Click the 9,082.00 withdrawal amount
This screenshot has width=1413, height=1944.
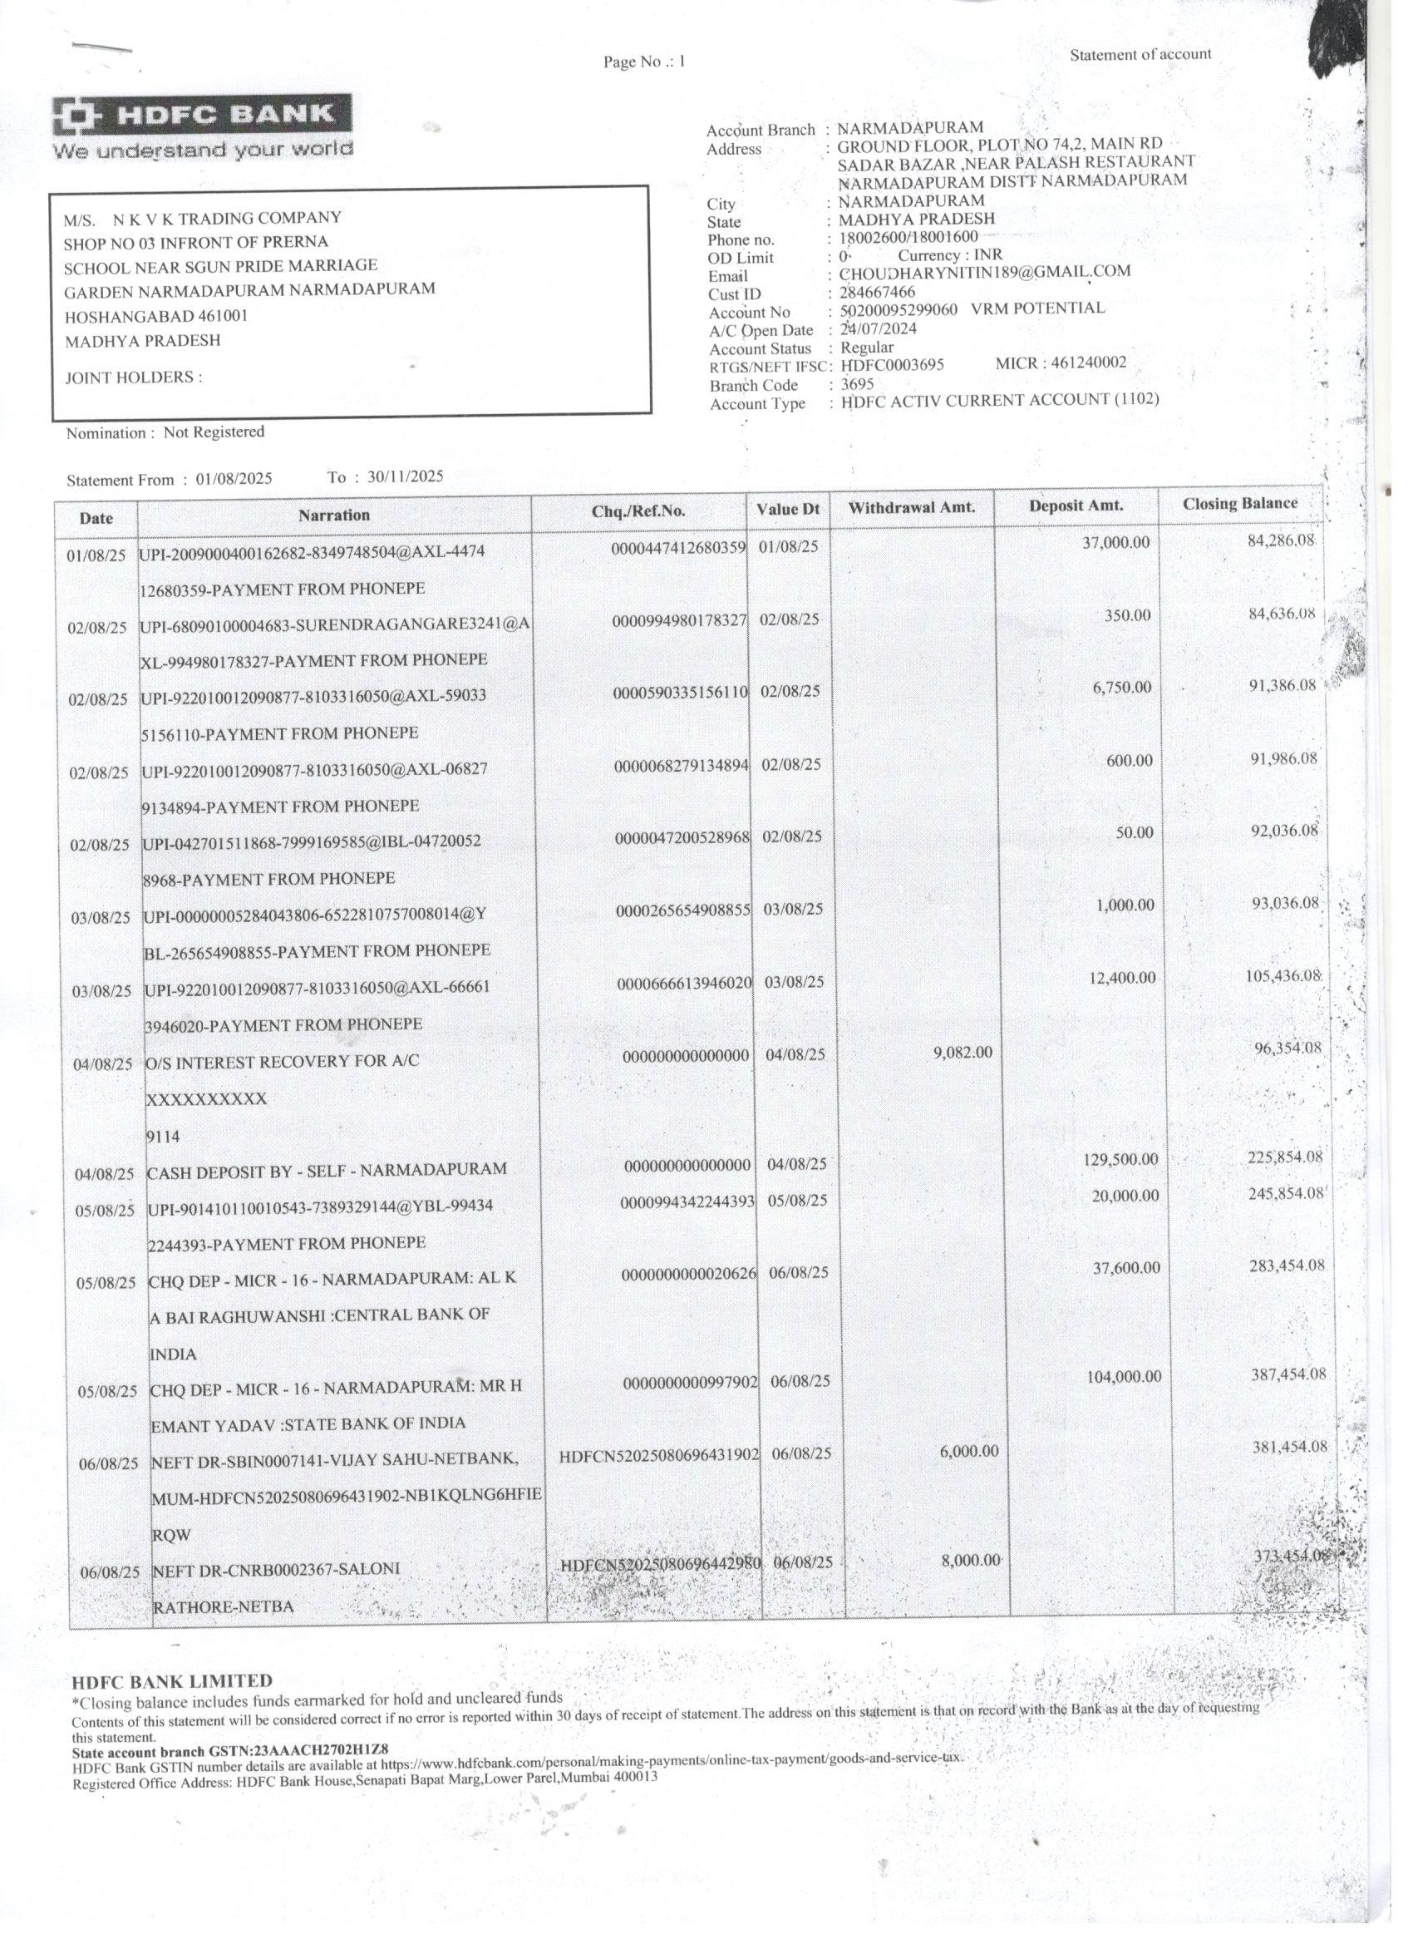pyautogui.click(x=963, y=1051)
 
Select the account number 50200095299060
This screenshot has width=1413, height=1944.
pyautogui.click(x=898, y=310)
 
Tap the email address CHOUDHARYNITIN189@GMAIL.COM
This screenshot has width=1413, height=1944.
pyautogui.click(x=985, y=273)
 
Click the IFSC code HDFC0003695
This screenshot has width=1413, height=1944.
pyautogui.click(x=892, y=364)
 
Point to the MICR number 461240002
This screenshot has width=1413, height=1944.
pyautogui.click(x=1088, y=363)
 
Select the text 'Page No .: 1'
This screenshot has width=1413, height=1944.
pyautogui.click(x=644, y=62)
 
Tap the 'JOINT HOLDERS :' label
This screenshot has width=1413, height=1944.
pyautogui.click(x=135, y=378)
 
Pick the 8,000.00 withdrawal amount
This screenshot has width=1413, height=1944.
pyautogui.click(x=971, y=1560)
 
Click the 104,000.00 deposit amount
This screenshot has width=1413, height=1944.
pyautogui.click(x=1125, y=1377)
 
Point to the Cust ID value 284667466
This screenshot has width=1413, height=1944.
pyautogui.click(x=877, y=293)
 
